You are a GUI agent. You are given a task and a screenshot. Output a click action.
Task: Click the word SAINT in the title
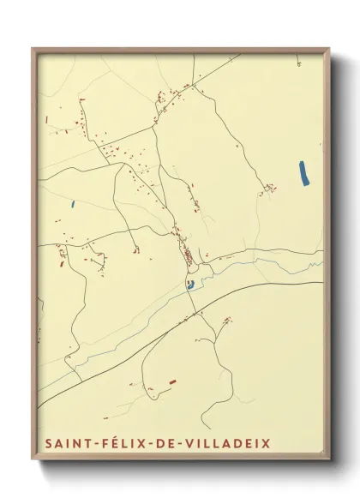click(67, 444)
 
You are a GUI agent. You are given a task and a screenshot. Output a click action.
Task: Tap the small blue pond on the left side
click(74, 204)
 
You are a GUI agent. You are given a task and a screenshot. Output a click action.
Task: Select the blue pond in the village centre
click(190, 285)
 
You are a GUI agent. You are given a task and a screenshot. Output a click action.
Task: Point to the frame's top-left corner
click(33, 49)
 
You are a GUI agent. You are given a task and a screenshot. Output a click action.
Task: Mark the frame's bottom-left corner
click(33, 461)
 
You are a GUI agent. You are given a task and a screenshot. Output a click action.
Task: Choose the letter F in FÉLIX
click(102, 444)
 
